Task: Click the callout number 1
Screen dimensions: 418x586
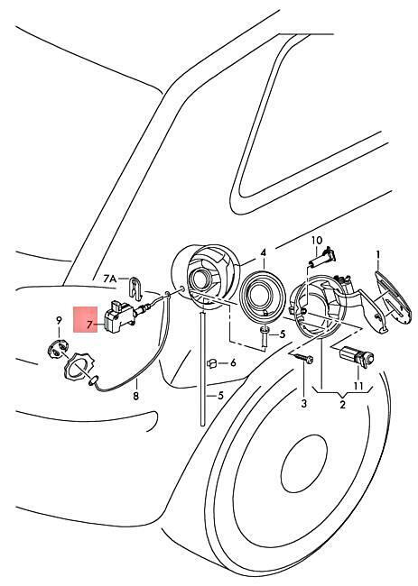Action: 378,255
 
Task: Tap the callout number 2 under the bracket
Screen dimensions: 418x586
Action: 342,405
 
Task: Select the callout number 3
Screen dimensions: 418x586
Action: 303,403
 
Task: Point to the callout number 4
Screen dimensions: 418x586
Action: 264,253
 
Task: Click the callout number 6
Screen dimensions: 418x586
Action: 233,362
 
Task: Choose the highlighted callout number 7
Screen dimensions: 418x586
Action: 89,325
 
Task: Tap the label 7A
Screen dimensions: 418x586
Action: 110,279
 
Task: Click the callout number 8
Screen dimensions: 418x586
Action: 135,396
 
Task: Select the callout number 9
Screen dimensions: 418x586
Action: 59,320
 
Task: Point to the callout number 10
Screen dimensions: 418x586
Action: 317,240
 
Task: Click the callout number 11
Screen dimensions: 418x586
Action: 358,386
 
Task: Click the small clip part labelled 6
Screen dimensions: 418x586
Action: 212,363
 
